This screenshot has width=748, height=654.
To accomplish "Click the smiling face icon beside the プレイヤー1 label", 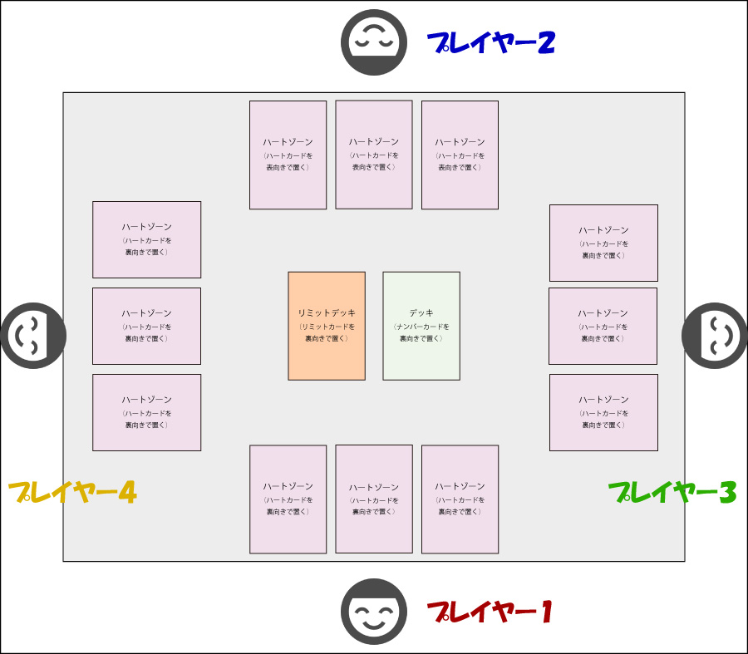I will [x=374, y=612].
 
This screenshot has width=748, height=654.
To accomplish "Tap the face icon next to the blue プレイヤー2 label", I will [x=374, y=42].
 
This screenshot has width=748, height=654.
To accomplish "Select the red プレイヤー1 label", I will [x=490, y=613].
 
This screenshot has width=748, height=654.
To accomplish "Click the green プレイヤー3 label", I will [x=672, y=493].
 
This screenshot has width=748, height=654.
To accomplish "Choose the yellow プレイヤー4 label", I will [x=72, y=493].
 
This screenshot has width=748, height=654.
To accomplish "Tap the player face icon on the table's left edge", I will [x=33, y=336].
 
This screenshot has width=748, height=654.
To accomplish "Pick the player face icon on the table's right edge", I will [x=714, y=336].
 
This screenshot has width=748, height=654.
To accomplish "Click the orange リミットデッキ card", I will [x=327, y=326].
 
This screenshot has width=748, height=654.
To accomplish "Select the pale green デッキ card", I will [x=421, y=326].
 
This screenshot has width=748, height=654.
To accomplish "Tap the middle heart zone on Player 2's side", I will [x=374, y=155].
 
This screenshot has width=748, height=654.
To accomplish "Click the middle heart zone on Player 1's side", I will [x=374, y=499].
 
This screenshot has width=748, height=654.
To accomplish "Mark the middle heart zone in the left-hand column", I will [x=146, y=326].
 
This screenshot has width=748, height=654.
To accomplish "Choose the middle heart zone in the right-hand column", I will [x=603, y=326].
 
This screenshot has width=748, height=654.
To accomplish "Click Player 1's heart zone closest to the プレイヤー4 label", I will [x=288, y=499].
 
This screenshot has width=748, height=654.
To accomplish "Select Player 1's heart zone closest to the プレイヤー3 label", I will [x=460, y=499].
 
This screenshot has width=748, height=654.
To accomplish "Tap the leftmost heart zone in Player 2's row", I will [x=288, y=155].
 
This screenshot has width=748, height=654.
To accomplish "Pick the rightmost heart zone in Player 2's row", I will [x=460, y=155].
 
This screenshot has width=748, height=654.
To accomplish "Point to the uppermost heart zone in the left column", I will [x=146, y=239].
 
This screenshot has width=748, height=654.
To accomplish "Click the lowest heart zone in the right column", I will [x=603, y=412].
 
